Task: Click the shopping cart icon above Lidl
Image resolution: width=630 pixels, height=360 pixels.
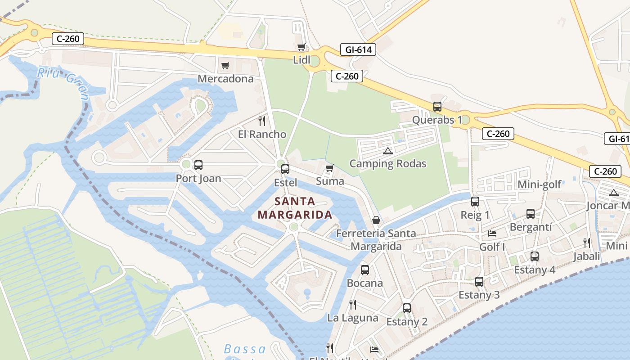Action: pyautogui.click(x=301, y=47)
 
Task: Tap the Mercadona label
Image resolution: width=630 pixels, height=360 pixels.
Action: pyautogui.click(x=225, y=79)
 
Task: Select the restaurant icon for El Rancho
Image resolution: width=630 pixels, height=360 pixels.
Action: pyautogui.click(x=262, y=121)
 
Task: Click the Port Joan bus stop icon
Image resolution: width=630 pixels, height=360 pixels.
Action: pyautogui.click(x=198, y=165)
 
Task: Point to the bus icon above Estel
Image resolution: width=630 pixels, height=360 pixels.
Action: pyautogui.click(x=285, y=169)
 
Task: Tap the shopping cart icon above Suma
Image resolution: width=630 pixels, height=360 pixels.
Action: pyautogui.click(x=330, y=168)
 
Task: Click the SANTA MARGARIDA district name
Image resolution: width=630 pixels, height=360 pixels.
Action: pyautogui.click(x=295, y=208)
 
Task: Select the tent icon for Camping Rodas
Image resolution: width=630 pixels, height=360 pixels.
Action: pyautogui.click(x=388, y=151)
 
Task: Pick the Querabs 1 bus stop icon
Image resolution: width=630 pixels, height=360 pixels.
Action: pyautogui.click(x=437, y=107)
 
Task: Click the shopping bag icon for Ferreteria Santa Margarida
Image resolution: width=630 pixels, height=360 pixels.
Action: pyautogui.click(x=376, y=220)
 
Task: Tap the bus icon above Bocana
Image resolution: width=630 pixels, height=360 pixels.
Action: pyautogui.click(x=365, y=270)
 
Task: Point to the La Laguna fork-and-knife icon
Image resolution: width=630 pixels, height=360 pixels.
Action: pyautogui.click(x=353, y=305)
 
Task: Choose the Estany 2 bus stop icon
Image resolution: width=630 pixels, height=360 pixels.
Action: pyautogui.click(x=407, y=308)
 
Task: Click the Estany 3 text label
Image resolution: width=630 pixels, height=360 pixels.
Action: pyautogui.click(x=479, y=295)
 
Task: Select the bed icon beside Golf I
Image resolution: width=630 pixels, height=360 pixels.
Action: pyautogui.click(x=492, y=234)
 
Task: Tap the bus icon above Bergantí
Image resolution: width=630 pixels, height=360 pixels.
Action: pyautogui.click(x=531, y=214)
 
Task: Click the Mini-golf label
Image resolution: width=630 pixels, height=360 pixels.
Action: pyautogui.click(x=540, y=184)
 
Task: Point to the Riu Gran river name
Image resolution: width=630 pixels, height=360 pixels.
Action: pyautogui.click(x=63, y=81)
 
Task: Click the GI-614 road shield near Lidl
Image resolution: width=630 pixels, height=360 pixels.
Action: pyautogui.click(x=358, y=49)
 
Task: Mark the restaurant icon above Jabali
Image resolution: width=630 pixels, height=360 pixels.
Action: pyautogui.click(x=587, y=243)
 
